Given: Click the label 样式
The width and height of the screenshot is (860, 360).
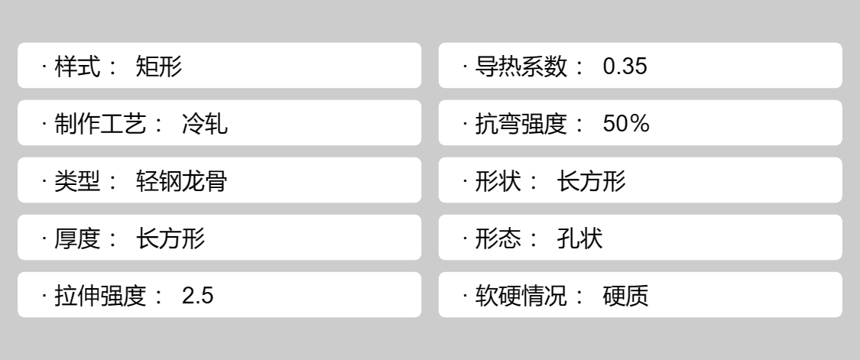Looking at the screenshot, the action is coord(77,67).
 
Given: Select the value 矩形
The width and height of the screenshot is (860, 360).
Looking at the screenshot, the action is coord(159,67).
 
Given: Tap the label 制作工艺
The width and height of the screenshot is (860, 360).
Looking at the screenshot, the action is coord(100,124).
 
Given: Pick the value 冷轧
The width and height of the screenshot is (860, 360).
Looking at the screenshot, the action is coord(205,124).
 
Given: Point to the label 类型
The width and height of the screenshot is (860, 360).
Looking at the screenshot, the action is coord(77,181).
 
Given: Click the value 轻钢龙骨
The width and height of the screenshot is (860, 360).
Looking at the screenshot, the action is coord(181,181).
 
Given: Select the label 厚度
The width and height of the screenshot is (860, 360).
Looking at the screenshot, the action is coord(77,238).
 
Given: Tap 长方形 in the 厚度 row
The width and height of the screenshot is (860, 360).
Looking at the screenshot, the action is coord(170,238).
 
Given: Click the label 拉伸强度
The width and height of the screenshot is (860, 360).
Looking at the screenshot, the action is coord(100,296).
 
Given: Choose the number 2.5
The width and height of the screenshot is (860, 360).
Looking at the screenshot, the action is coord(197,296).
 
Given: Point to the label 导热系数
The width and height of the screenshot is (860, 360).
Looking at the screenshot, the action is coord(521,67).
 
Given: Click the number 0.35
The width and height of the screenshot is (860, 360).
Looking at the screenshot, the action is coord(625,67).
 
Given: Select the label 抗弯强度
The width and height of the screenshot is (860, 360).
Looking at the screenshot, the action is coord(521,124).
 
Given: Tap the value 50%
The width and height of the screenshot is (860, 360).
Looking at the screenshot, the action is coord(626,124).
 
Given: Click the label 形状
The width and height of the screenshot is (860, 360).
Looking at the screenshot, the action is coord(498,181).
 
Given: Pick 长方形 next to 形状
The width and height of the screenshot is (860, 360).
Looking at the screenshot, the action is coord(591,181).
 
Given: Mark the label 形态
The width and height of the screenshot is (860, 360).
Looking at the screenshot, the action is coord(498,238).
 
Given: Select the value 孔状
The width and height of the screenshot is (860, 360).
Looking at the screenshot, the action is coord(579,238).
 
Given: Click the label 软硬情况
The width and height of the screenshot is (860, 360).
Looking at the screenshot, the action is coord(521,296).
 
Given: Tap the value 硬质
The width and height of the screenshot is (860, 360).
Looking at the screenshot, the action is coord(626,296).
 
